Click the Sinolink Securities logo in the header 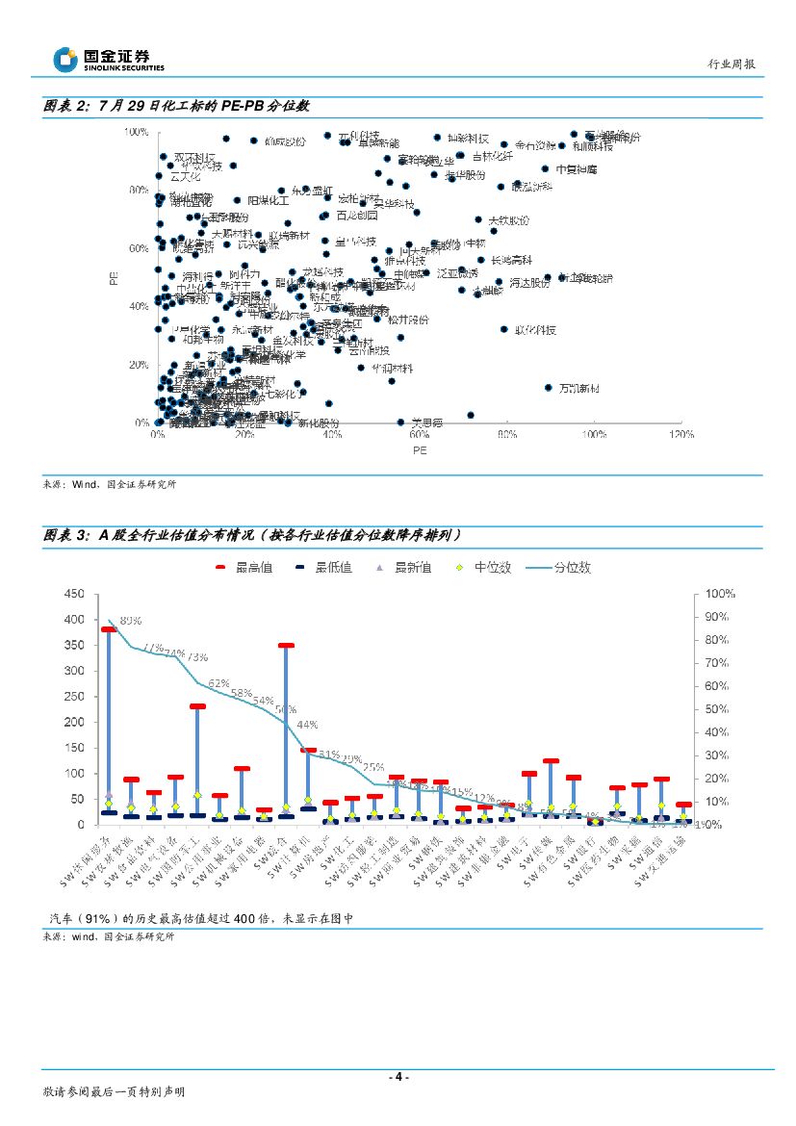(108, 59)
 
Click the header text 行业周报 (731, 64)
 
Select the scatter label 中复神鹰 (577, 168)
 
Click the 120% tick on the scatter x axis (681, 435)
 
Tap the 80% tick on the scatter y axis (139, 190)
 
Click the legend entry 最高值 (243, 567)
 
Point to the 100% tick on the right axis (720, 594)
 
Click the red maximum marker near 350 (286, 646)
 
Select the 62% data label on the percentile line (218, 683)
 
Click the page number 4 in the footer (398, 1076)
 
